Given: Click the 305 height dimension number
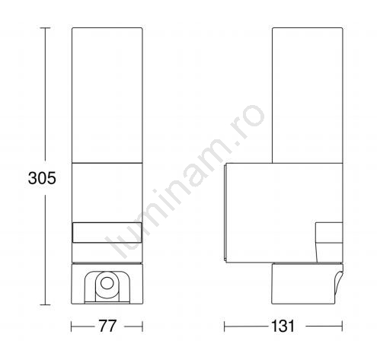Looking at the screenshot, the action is point(42,178).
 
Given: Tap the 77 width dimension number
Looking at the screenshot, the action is point(107,326).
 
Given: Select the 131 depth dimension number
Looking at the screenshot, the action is point(283,326).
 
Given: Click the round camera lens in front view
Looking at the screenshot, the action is point(107,283).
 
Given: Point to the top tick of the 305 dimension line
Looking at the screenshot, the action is point(46,28).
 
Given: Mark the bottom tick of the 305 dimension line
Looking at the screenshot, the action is point(46,304).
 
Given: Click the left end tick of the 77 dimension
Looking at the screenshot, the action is point(72,327).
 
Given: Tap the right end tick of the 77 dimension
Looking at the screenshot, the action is point(142,327).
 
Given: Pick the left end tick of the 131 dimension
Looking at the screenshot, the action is point(225,327).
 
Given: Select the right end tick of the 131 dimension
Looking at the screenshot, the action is point(342,327).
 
